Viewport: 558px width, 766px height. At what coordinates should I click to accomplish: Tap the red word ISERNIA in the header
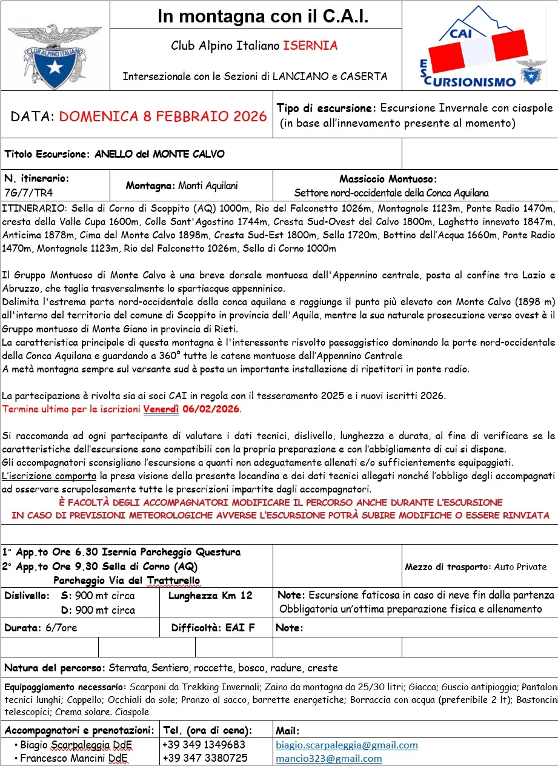pyautogui.click(x=310, y=45)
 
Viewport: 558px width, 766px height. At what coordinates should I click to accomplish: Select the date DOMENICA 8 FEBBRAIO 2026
pyautogui.click(x=163, y=116)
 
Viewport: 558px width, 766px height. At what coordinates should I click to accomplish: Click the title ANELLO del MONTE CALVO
pyautogui.click(x=159, y=154)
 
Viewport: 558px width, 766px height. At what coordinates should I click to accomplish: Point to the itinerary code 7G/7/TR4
pyautogui.click(x=28, y=192)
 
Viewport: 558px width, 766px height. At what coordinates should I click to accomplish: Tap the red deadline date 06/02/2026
pyautogui.click(x=211, y=409)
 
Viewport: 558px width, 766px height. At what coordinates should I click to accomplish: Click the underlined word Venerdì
pyautogui.click(x=161, y=409)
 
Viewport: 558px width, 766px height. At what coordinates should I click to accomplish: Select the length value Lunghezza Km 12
pyautogui.click(x=210, y=596)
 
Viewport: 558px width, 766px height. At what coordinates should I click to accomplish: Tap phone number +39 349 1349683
pyautogui.click(x=204, y=745)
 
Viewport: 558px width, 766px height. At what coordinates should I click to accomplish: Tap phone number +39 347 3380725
pyautogui.click(x=204, y=758)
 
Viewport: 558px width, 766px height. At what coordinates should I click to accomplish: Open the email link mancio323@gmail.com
pyautogui.click(x=329, y=758)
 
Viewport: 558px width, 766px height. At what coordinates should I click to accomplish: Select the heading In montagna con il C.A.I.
pyautogui.click(x=263, y=16)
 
